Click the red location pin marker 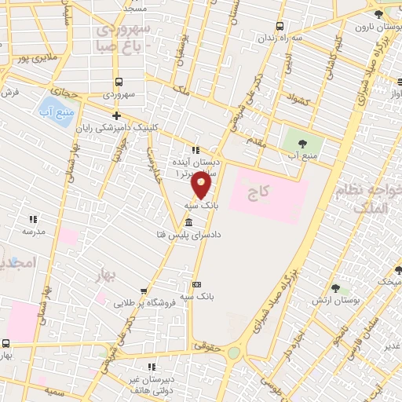203,185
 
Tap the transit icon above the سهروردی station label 119,82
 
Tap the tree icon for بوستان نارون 378,13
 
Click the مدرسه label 32,232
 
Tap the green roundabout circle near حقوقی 234,353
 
